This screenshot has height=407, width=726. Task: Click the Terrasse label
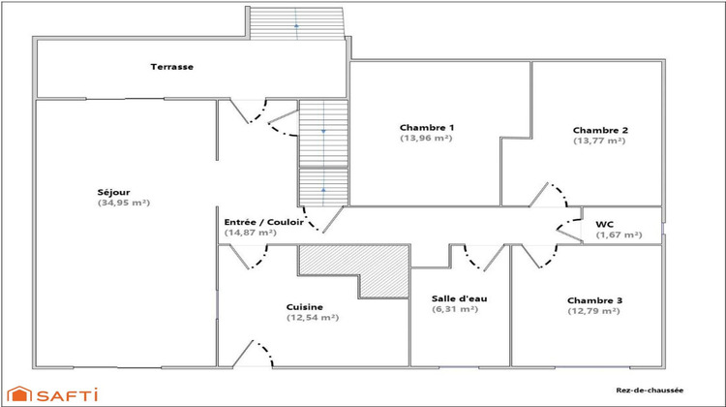(171, 67)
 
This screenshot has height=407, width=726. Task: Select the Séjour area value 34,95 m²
(125, 203)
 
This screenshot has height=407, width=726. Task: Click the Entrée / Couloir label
(264, 221)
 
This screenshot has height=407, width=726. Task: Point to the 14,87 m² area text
(251, 233)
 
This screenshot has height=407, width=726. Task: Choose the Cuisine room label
(312, 305)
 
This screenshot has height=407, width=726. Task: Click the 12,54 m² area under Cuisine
(312, 317)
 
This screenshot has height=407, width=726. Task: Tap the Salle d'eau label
(460, 298)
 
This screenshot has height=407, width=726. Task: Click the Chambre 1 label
(427, 127)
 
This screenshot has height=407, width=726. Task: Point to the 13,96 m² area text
(426, 139)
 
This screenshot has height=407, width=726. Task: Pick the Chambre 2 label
(600, 130)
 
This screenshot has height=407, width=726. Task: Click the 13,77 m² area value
(599, 141)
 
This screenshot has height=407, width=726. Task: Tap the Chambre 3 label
(594, 300)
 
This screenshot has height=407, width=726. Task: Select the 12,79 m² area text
(593, 312)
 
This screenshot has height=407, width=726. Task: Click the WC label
(605, 222)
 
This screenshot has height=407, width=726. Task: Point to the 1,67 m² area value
(619, 235)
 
